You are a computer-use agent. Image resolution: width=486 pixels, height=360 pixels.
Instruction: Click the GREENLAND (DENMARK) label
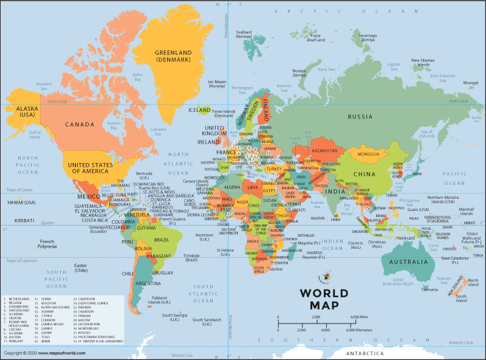173,56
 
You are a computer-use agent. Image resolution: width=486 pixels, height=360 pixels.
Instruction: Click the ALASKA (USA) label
18,111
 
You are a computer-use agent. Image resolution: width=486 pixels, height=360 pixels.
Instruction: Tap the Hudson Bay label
113,125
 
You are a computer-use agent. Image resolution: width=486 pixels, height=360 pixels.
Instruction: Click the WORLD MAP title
324,299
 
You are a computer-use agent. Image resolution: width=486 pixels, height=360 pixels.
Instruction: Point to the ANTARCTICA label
364,353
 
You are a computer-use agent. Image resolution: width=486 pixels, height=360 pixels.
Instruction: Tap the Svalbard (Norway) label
244,33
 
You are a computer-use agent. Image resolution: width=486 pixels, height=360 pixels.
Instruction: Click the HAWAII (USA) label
21,202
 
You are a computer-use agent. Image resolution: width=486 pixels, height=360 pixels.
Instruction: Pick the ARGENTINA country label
148,283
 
